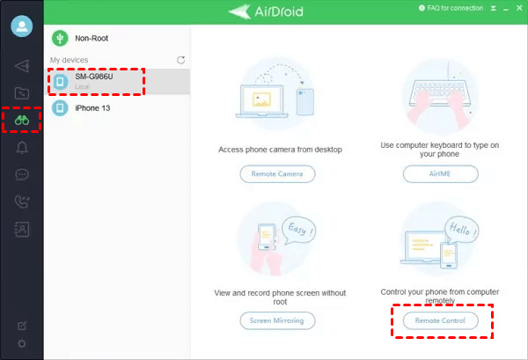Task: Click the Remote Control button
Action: coord(441,320)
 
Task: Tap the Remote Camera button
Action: coord(277,173)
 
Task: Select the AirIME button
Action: coord(441,173)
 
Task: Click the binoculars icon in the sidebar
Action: coord(22,120)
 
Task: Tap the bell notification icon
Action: coord(22,148)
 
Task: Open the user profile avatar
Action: coord(22,26)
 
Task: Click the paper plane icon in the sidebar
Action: coord(22,66)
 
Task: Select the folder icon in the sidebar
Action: coord(22,93)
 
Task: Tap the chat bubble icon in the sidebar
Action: coord(22,174)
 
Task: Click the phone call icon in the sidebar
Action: coord(22,202)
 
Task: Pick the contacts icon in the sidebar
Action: coord(22,230)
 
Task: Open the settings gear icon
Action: coord(22,343)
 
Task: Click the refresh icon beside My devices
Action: coord(180,60)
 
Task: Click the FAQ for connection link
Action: coord(451,8)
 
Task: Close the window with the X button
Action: coord(519,8)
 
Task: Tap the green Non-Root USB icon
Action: coord(60,39)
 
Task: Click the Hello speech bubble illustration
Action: coord(462,230)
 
